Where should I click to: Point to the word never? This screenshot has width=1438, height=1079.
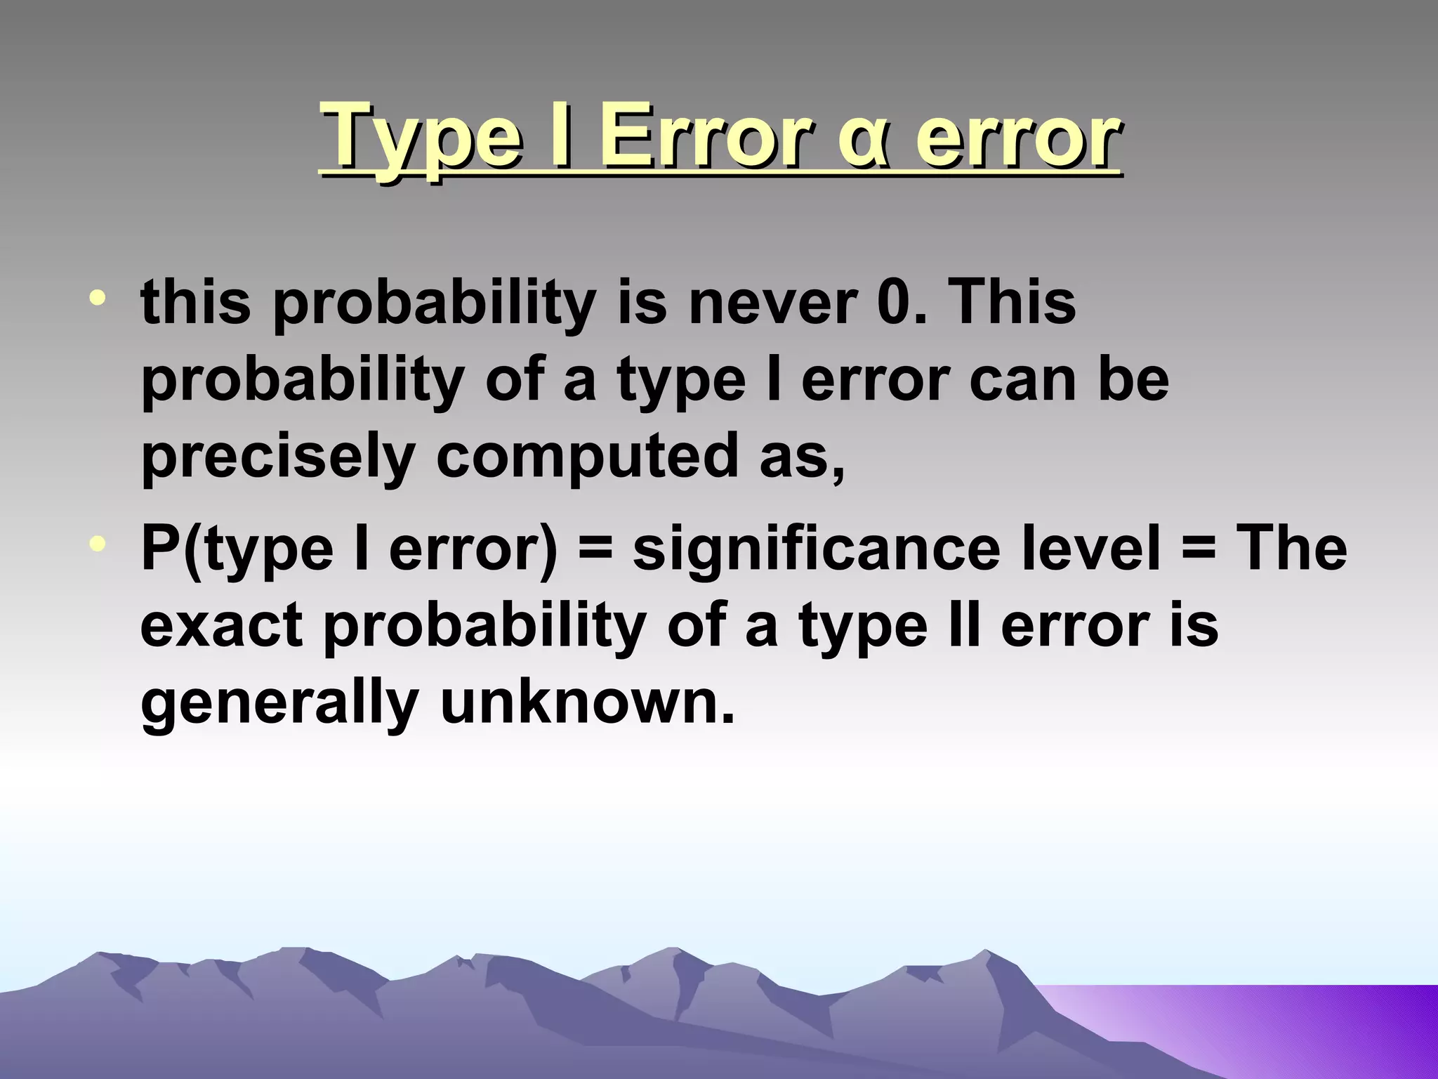coord(773,303)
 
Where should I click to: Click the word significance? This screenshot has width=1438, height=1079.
coord(816,549)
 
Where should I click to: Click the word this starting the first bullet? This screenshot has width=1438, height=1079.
coord(196,303)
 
